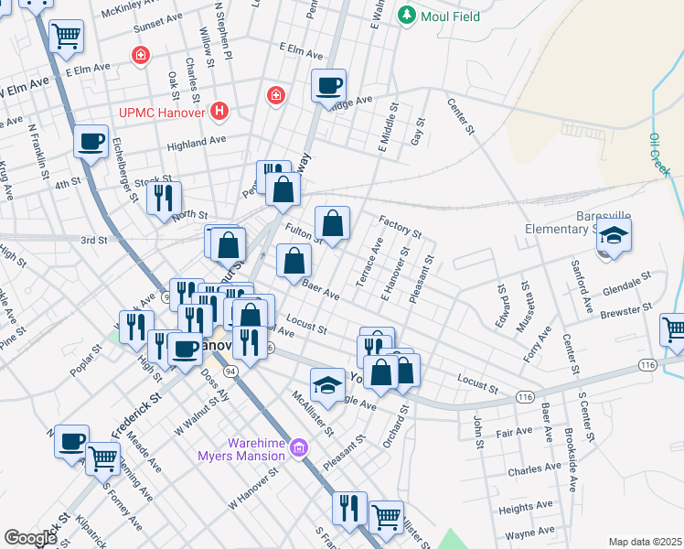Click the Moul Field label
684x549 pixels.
pyautogui.click(x=449, y=15)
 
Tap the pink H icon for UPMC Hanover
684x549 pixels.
pyautogui.click(x=219, y=112)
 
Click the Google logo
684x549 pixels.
pyautogui.click(x=30, y=538)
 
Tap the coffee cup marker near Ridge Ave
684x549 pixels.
pyautogui.click(x=329, y=86)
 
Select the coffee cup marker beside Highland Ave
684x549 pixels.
pyautogui.click(x=90, y=141)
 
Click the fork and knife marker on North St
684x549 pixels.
pyautogui.click(x=164, y=197)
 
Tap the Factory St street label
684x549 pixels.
pyautogui.click(x=400, y=226)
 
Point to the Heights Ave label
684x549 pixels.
pyautogui.click(x=526, y=505)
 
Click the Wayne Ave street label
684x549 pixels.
pyautogui.click(x=529, y=532)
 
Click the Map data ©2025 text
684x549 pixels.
pyautogui.click(x=645, y=542)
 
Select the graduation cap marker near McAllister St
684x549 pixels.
pyautogui.click(x=327, y=382)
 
